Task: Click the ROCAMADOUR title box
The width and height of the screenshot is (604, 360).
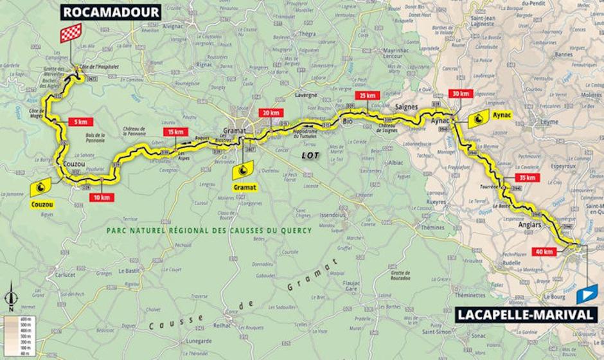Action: tap(111, 12)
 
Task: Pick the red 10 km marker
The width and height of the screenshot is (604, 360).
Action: tap(102, 197)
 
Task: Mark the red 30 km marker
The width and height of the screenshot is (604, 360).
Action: tap(461, 93)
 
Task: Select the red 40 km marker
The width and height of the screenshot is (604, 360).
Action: tap(545, 251)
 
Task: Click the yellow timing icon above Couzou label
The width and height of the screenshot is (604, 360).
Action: tap(40, 187)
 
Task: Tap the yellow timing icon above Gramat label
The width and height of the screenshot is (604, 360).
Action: tap(244, 170)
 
